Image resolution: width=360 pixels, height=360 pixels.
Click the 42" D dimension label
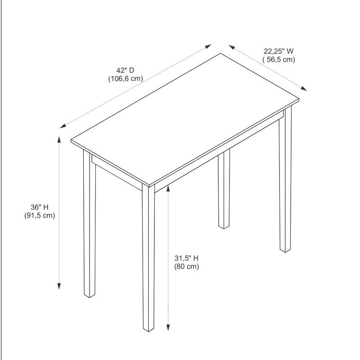pos(125,70)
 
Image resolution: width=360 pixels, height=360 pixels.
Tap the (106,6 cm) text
pos(125,78)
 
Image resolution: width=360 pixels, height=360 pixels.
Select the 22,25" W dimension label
pos(279,51)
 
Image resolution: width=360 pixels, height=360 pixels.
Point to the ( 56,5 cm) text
pos(279,59)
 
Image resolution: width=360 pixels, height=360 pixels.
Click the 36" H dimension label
pos(39,207)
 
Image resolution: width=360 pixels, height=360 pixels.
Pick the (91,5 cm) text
pos(39,216)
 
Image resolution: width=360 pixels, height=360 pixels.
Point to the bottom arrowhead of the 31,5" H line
pos(168,328)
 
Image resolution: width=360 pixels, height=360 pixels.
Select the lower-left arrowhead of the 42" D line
pos(63,126)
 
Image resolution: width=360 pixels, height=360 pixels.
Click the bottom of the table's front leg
pos(148,329)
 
